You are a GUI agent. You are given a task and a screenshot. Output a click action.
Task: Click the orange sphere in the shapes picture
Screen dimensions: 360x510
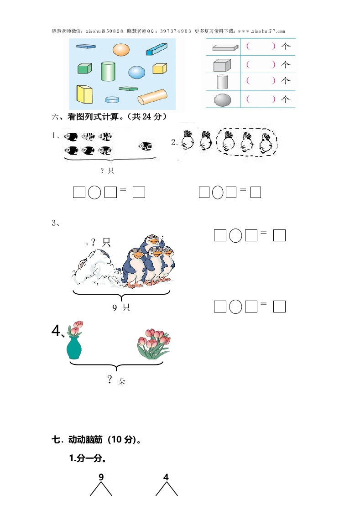click(121, 50)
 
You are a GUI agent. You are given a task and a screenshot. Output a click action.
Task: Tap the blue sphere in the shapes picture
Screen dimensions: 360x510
click(136, 72)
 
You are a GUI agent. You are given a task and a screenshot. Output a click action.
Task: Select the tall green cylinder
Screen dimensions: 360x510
click(108, 71)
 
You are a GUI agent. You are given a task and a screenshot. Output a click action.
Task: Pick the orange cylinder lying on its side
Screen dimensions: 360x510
click(152, 97)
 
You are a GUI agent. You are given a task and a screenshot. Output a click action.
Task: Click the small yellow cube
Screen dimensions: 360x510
click(160, 68)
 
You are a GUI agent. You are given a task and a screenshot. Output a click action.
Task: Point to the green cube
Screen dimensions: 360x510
click(84, 68)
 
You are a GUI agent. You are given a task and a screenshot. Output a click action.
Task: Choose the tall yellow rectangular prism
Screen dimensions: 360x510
click(84, 94)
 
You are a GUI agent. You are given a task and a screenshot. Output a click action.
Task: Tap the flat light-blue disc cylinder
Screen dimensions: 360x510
click(112, 99)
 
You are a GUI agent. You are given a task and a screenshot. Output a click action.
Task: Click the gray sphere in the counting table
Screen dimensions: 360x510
click(223, 100)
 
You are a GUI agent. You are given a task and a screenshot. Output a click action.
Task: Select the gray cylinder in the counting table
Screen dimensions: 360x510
click(223, 82)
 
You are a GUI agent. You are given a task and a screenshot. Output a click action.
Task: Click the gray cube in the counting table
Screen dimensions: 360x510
click(222, 65)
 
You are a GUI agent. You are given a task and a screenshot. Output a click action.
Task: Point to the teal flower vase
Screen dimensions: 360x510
click(74, 348)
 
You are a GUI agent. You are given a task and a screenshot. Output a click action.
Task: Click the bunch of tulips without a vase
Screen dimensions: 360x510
click(154, 344)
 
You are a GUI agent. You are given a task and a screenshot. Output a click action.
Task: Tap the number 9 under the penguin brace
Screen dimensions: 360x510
click(115, 308)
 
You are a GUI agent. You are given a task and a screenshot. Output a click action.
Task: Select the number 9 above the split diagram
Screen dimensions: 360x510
click(101, 477)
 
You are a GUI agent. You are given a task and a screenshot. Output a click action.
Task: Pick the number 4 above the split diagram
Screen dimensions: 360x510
click(166, 477)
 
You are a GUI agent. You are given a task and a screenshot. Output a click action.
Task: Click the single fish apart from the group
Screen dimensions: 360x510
click(145, 146)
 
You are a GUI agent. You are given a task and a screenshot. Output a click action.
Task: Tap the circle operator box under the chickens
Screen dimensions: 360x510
click(218, 192)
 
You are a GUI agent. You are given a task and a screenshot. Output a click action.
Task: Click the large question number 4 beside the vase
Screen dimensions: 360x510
click(56, 330)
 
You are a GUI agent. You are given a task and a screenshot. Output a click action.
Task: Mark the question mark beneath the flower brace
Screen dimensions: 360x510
click(110, 379)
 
